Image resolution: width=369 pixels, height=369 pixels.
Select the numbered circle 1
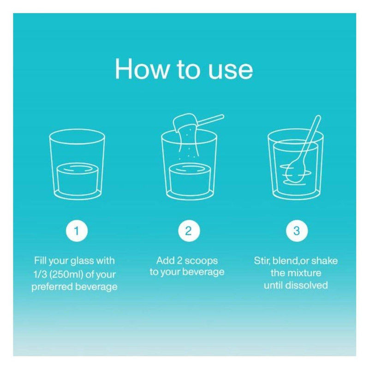(x=77, y=231)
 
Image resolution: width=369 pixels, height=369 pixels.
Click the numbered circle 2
(x=189, y=231)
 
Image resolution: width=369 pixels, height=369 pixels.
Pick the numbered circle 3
(x=297, y=231)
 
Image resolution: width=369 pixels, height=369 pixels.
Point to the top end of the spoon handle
(x=318, y=117)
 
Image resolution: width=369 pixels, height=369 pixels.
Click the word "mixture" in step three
(x=304, y=273)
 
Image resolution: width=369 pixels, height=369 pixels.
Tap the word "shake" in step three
(x=324, y=261)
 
